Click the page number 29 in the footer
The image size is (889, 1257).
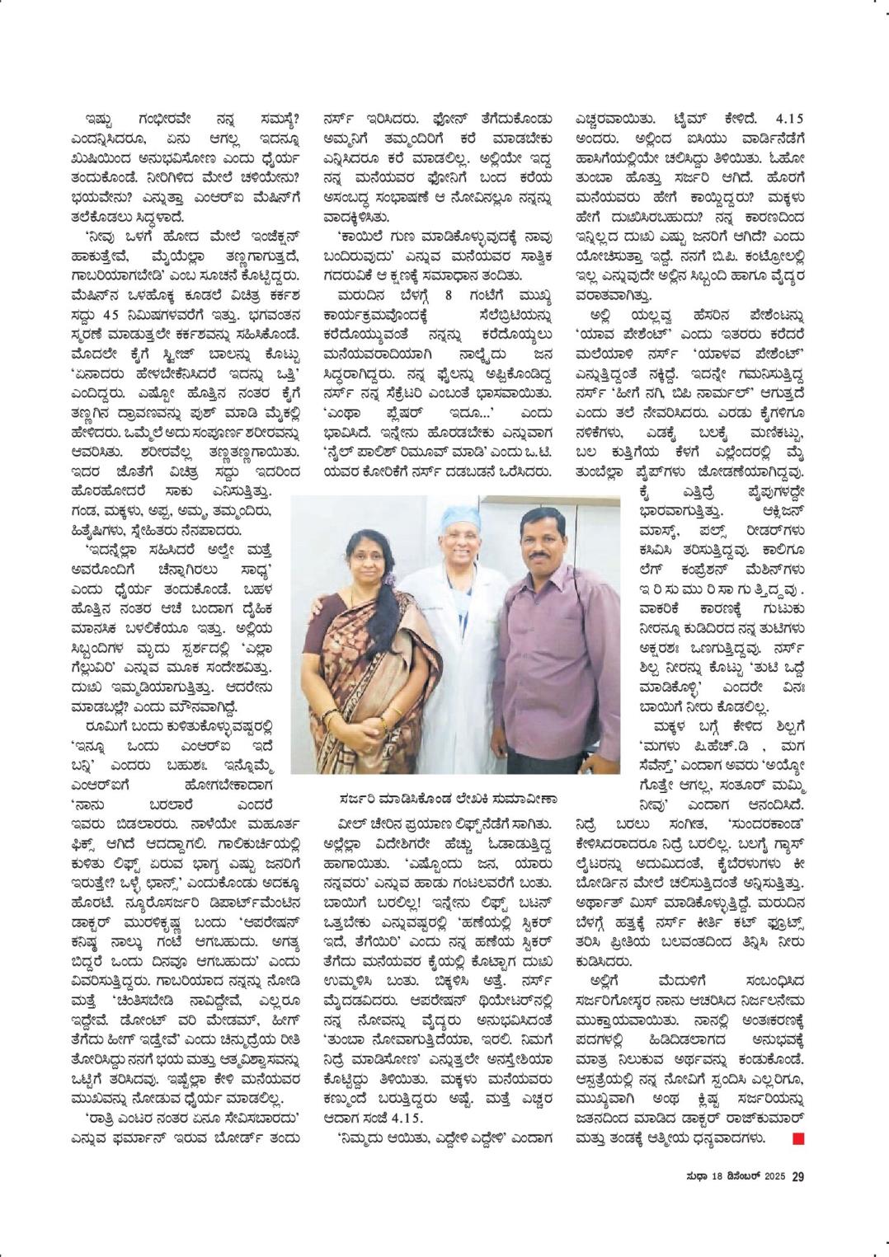797,1176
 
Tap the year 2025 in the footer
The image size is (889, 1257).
774,1176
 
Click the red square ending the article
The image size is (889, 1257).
797,1139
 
